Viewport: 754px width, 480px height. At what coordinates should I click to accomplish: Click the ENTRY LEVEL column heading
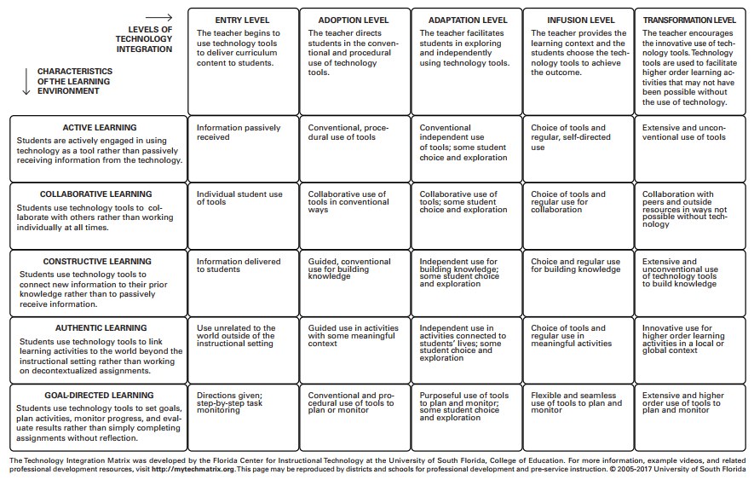point(243,20)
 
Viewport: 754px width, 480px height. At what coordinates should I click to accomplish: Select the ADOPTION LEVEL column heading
point(354,20)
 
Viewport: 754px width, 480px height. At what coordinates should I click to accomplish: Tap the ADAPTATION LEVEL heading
point(466,20)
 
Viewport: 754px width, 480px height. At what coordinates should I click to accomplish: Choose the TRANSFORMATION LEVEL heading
point(689,20)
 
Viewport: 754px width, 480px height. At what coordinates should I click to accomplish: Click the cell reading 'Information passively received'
point(239,132)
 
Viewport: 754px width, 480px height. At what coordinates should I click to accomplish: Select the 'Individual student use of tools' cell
point(239,199)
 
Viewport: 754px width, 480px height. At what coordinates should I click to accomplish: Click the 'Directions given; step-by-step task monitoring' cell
point(233,402)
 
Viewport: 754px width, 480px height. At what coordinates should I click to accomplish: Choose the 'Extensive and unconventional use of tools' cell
point(684,132)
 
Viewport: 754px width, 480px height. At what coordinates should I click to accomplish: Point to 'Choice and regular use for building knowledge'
point(575,265)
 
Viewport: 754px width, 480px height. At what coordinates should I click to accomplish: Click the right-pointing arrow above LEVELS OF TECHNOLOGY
point(158,17)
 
